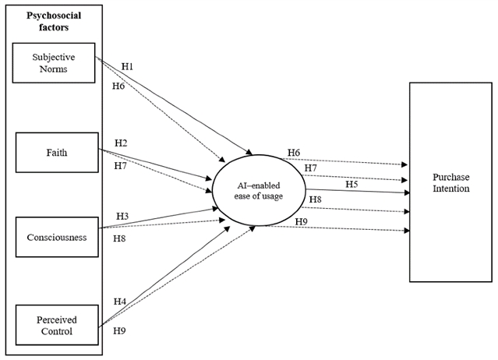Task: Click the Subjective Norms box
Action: (54, 63)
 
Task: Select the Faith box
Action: (57, 153)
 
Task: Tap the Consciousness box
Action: (57, 237)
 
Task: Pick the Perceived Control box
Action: (57, 325)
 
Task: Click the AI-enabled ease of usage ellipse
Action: (259, 190)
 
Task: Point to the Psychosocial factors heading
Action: (54, 21)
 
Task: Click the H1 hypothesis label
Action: (127, 67)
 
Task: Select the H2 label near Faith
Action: (121, 143)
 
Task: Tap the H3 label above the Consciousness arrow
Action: (122, 216)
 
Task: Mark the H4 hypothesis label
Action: (120, 302)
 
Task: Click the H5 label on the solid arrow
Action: (352, 184)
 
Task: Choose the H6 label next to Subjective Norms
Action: (118, 86)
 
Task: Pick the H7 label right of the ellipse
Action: (311, 168)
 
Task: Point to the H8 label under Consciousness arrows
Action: (119, 238)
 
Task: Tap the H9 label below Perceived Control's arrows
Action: (119, 331)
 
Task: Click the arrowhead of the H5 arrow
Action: (407, 192)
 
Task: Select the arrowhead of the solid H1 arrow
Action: (249, 152)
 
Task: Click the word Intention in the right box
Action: (451, 189)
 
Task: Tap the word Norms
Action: (53, 69)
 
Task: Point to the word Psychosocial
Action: (54, 16)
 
